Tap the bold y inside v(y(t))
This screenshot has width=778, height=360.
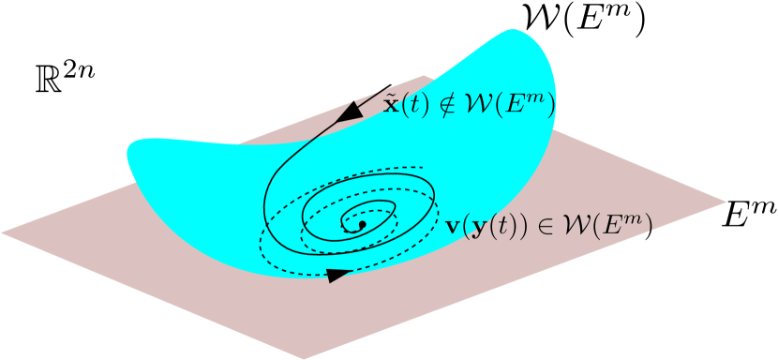click(476, 228)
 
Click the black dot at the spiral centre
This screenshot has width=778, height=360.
click(361, 224)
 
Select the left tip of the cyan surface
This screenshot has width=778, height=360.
click(127, 148)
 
